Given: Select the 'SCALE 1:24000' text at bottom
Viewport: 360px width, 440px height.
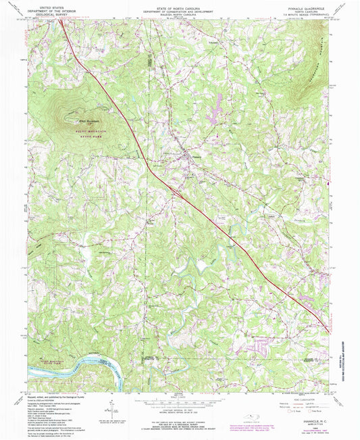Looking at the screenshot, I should click(x=180, y=393).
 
